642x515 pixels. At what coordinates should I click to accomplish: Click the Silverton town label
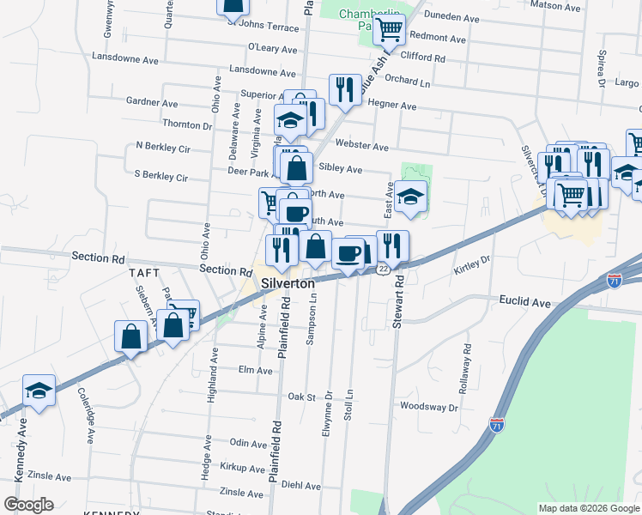point(289,282)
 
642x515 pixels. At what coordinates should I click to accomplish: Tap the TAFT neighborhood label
point(144,272)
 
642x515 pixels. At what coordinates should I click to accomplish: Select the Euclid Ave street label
point(524,302)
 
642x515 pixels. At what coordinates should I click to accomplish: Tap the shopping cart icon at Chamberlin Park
point(390,31)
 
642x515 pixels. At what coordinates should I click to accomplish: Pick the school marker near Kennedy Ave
point(39,391)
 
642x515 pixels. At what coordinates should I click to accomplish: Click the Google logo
point(28,504)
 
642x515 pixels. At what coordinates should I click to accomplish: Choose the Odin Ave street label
point(249,444)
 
